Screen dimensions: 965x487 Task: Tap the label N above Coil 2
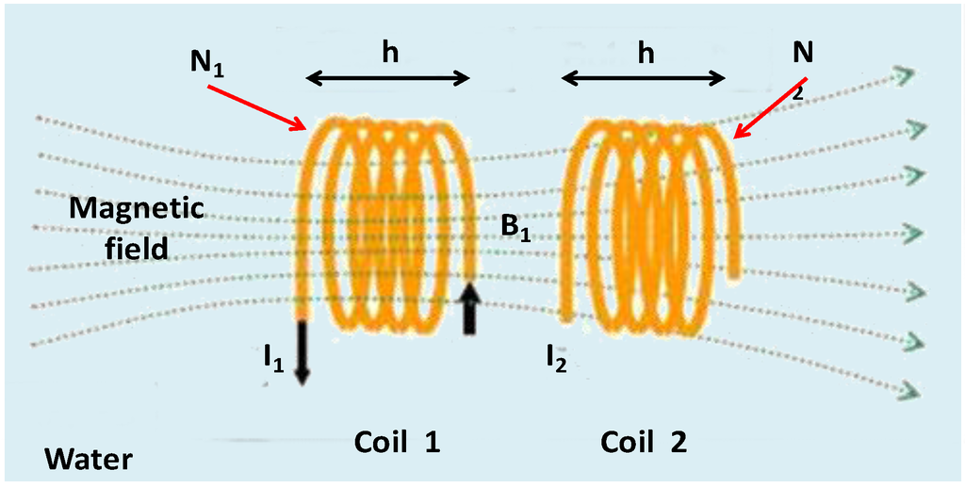tap(803, 55)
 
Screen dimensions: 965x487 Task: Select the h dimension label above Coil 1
tap(388, 54)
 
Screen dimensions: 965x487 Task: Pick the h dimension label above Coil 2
tap(646, 54)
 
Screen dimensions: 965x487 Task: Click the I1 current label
tap(272, 357)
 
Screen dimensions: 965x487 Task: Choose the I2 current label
tap(555, 357)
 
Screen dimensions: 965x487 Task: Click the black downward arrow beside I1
tap(302, 352)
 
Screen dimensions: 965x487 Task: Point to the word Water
tap(89, 461)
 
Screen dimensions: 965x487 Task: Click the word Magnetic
tap(136, 209)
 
